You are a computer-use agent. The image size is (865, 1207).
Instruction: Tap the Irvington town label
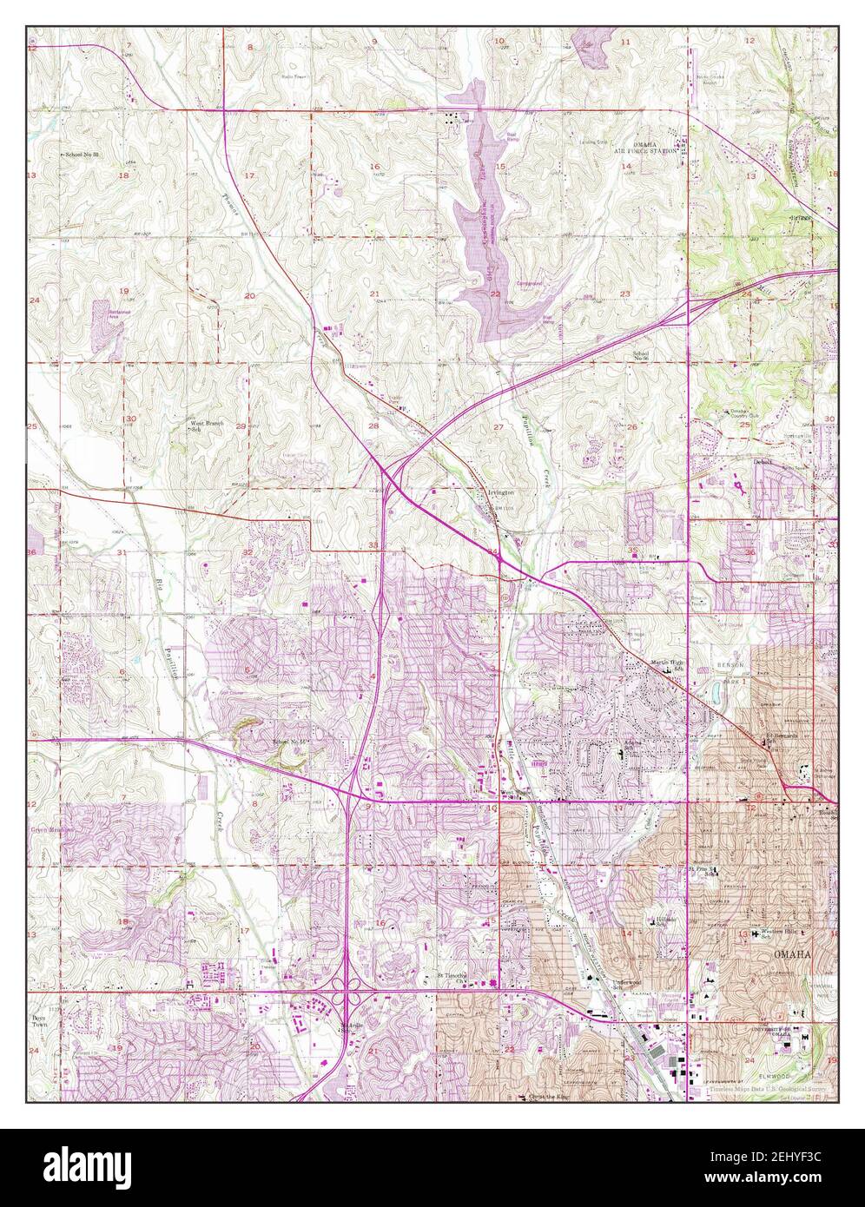500,492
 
